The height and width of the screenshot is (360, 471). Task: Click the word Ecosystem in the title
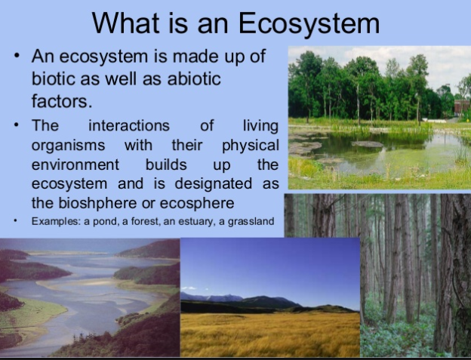click(x=309, y=24)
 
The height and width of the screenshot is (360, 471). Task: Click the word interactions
click(x=129, y=125)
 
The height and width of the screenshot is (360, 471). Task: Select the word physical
click(x=250, y=145)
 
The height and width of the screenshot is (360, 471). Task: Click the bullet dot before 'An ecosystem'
click(x=17, y=57)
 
